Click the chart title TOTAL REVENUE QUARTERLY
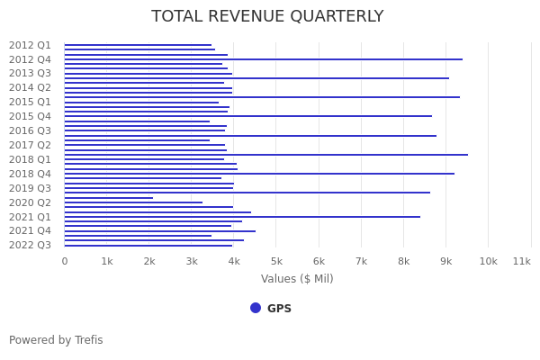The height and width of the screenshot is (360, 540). click(x=267, y=17)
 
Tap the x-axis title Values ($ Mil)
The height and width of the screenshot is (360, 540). click(x=297, y=279)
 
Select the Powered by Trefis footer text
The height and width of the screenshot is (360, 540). click(x=56, y=340)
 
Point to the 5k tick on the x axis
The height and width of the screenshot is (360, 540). click(x=276, y=261)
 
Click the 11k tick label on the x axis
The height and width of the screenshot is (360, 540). click(x=521, y=261)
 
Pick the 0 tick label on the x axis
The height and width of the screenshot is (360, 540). click(x=65, y=261)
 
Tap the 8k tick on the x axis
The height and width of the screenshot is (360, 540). click(x=403, y=261)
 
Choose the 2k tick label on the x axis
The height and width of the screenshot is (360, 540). click(x=149, y=261)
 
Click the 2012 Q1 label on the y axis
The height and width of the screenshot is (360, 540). click(x=30, y=45)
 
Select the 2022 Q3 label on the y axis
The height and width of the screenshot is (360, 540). click(x=30, y=245)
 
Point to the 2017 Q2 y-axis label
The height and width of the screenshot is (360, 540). click(x=30, y=145)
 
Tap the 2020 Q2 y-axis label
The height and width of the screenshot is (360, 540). click(x=30, y=202)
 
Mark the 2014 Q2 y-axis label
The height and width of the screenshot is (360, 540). click(x=30, y=87)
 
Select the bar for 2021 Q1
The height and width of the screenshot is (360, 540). click(x=241, y=217)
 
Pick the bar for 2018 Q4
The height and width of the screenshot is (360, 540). click(x=259, y=174)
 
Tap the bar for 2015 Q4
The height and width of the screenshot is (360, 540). click(x=247, y=116)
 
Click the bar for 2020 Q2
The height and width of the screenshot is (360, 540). click(x=133, y=202)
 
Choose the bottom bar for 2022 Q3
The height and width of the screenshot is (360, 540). click(x=148, y=246)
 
